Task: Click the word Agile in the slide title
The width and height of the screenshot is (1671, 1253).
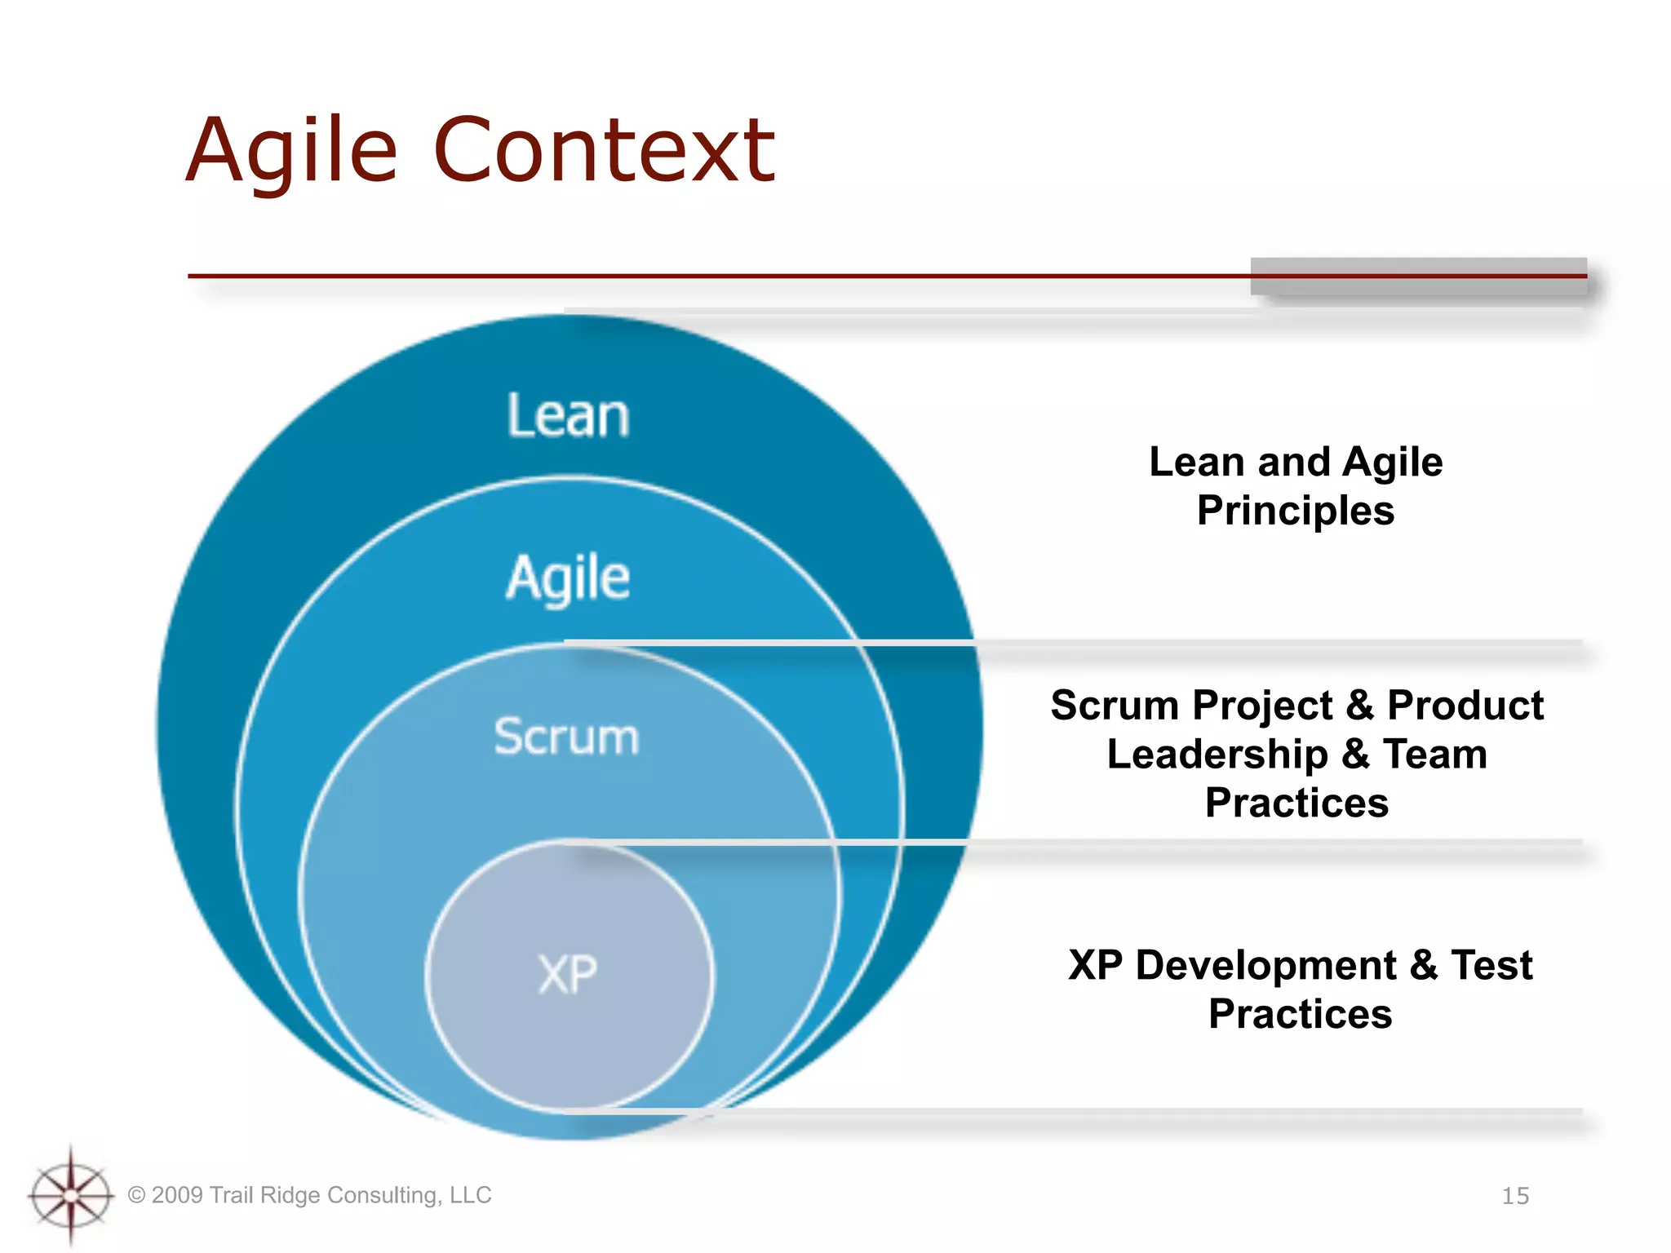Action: (x=291, y=151)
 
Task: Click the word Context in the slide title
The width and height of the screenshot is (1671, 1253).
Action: (x=604, y=151)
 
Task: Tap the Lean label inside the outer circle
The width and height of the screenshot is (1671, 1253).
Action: (x=568, y=416)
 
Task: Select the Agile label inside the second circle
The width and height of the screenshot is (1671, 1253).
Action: (x=568, y=578)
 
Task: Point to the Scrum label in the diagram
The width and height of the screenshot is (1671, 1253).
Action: (x=566, y=737)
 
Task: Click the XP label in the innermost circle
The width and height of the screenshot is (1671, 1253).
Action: (x=568, y=974)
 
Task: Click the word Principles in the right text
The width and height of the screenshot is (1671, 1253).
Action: (x=1296, y=511)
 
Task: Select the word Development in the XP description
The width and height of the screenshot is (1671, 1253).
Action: (x=1265, y=965)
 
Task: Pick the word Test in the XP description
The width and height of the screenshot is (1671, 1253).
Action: (x=1491, y=965)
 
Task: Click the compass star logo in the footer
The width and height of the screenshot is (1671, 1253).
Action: (x=71, y=1196)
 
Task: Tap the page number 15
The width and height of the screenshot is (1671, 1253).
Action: (x=1515, y=1196)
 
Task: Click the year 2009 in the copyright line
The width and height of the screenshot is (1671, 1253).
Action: (x=177, y=1195)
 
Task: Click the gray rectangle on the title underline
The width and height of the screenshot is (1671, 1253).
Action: (x=1418, y=277)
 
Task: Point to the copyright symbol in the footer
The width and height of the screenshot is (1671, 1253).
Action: (x=137, y=1195)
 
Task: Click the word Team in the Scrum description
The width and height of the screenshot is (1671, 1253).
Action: (x=1434, y=754)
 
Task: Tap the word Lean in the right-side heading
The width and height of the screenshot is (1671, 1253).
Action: (x=1198, y=462)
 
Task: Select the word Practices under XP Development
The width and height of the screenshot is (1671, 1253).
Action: (x=1300, y=1014)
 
